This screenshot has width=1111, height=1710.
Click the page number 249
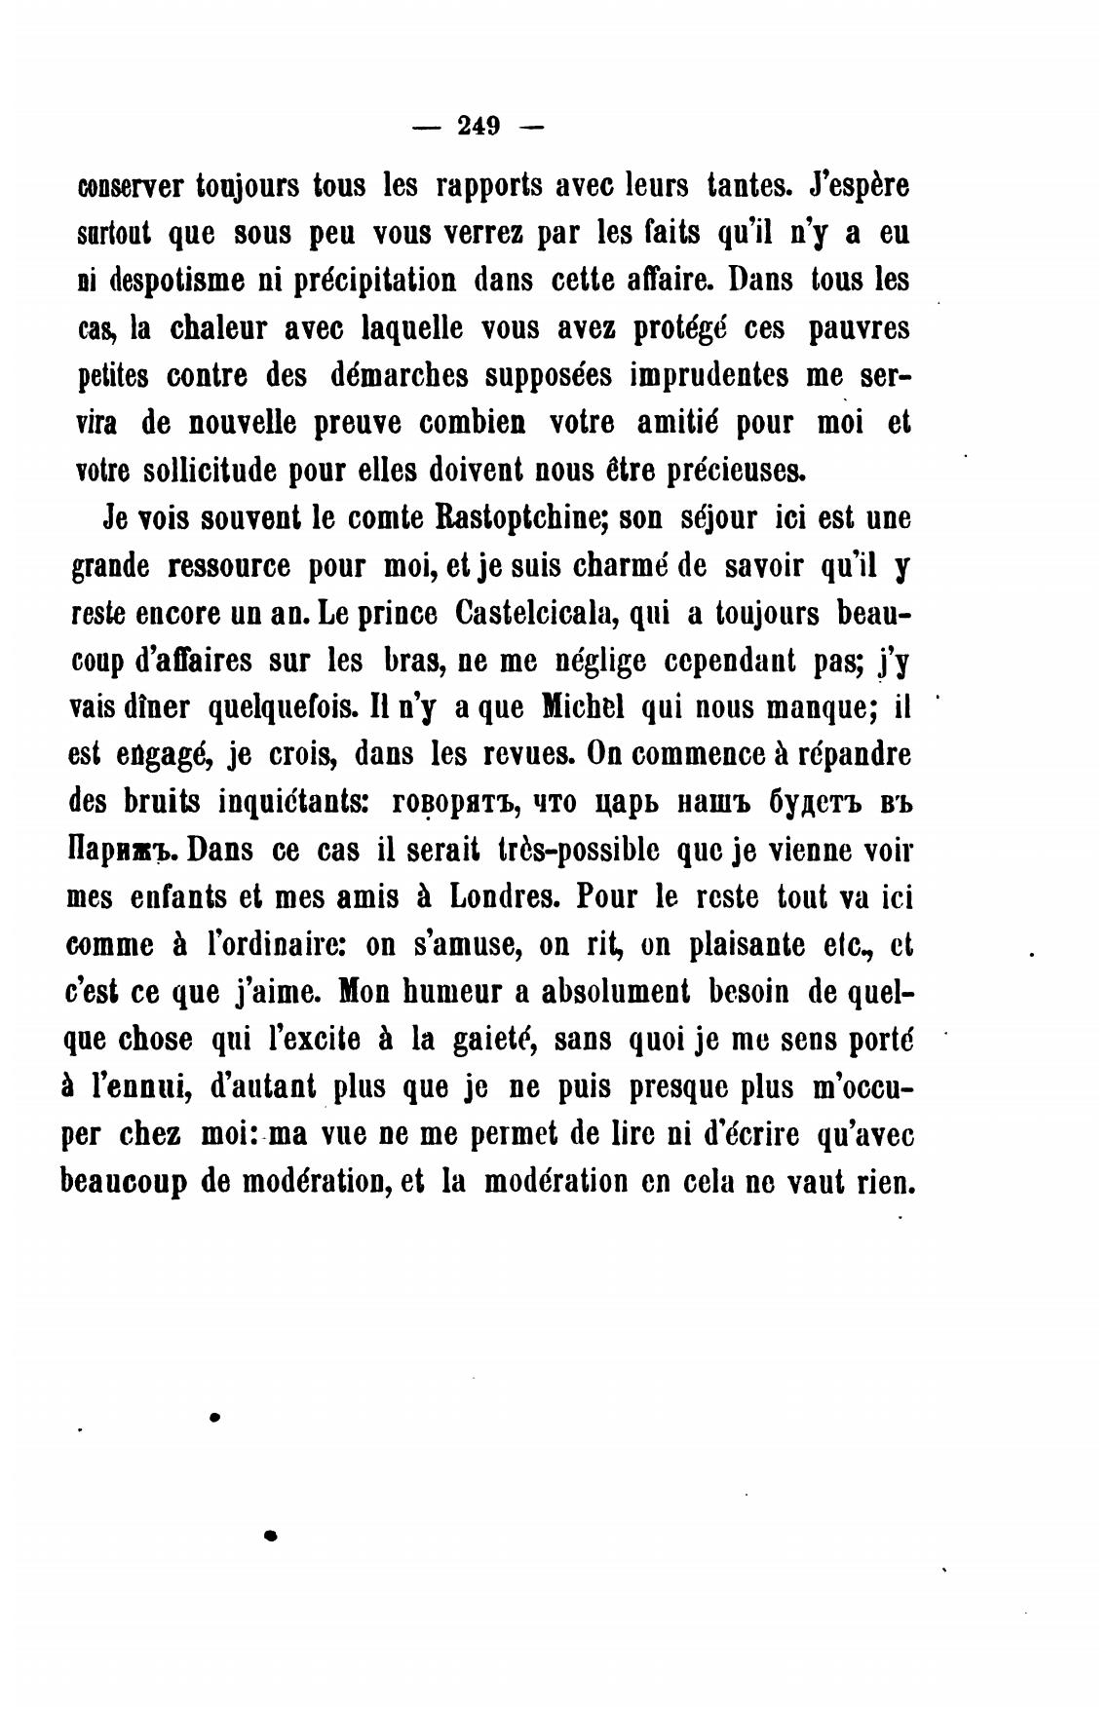coord(478,127)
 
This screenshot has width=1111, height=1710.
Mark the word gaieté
coord(491,1040)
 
